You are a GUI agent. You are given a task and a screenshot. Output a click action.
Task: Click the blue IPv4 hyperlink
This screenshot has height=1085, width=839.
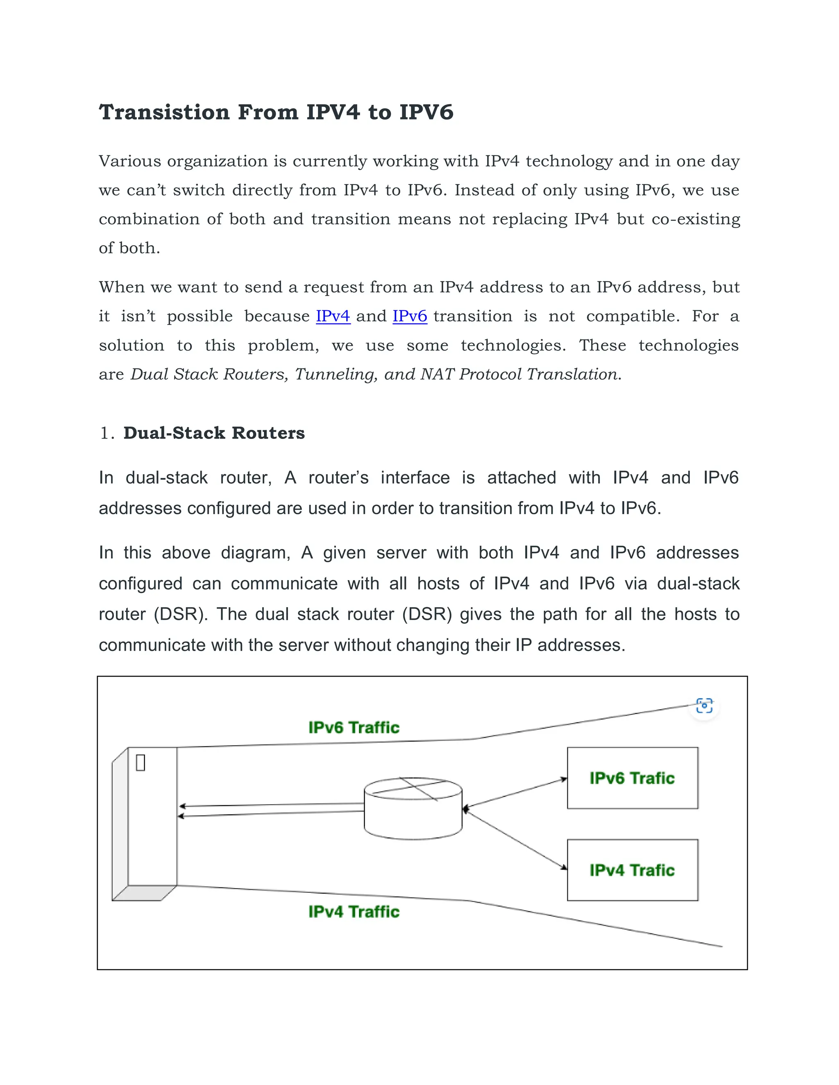pos(333,316)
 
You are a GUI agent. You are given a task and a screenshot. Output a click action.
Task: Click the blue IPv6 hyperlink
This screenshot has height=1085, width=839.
pos(410,316)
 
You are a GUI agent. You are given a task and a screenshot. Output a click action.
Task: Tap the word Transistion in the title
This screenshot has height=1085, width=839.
pos(164,112)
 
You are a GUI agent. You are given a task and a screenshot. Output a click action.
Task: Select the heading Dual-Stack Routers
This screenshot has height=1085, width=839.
pos(214,433)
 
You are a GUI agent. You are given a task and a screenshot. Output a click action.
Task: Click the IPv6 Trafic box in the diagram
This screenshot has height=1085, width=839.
pos(632,778)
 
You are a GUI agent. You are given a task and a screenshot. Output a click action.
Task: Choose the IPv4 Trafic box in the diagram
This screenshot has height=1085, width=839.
pos(632,870)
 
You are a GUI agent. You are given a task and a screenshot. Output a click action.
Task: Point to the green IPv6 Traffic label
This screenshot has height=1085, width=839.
pos(354,728)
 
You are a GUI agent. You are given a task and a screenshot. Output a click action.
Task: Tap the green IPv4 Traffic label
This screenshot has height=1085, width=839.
pos(354,912)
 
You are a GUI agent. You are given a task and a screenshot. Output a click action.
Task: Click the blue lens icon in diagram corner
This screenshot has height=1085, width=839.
pos(704,705)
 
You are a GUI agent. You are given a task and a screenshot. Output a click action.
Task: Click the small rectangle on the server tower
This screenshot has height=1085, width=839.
pos(141,763)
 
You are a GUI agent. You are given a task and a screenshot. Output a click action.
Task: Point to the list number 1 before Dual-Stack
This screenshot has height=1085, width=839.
pos(105,433)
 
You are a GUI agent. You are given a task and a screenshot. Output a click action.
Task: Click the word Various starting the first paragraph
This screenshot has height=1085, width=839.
pos(130,161)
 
